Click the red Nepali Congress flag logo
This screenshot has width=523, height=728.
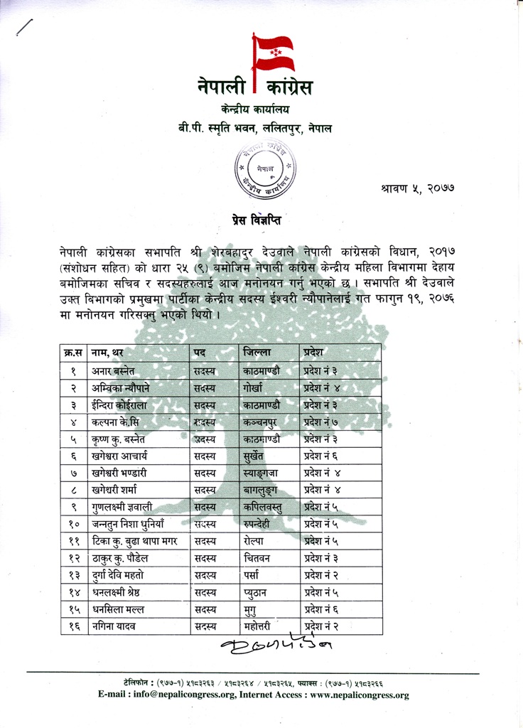pyautogui.click(x=273, y=53)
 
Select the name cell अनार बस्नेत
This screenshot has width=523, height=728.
pyautogui.click(x=114, y=370)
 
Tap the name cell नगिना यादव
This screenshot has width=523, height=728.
pyautogui.click(x=113, y=626)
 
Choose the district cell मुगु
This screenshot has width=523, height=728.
pyautogui.click(x=249, y=610)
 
